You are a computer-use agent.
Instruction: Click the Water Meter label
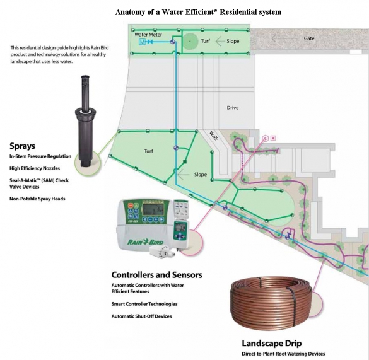pos(148,35)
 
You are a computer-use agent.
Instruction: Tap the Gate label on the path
pos(309,38)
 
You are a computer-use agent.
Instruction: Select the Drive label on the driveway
pos(233,108)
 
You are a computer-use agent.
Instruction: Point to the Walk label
pos(213,136)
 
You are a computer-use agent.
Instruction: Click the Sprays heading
pos(22,146)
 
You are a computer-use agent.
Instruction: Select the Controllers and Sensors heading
pos(156,275)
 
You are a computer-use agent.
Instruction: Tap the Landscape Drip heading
pos(272,344)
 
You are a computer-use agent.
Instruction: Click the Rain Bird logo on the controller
pos(146,241)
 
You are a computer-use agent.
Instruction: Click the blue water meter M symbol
pos(143,42)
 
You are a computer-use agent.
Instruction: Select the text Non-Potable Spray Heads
pos(37,199)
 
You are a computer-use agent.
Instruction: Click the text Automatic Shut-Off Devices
pos(142,316)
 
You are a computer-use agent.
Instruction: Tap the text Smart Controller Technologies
pos(144,304)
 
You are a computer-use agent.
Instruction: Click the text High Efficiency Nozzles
pos(35,168)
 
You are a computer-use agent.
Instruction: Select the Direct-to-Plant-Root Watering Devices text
pos(283,354)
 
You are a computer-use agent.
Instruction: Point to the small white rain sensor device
pos(160,252)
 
